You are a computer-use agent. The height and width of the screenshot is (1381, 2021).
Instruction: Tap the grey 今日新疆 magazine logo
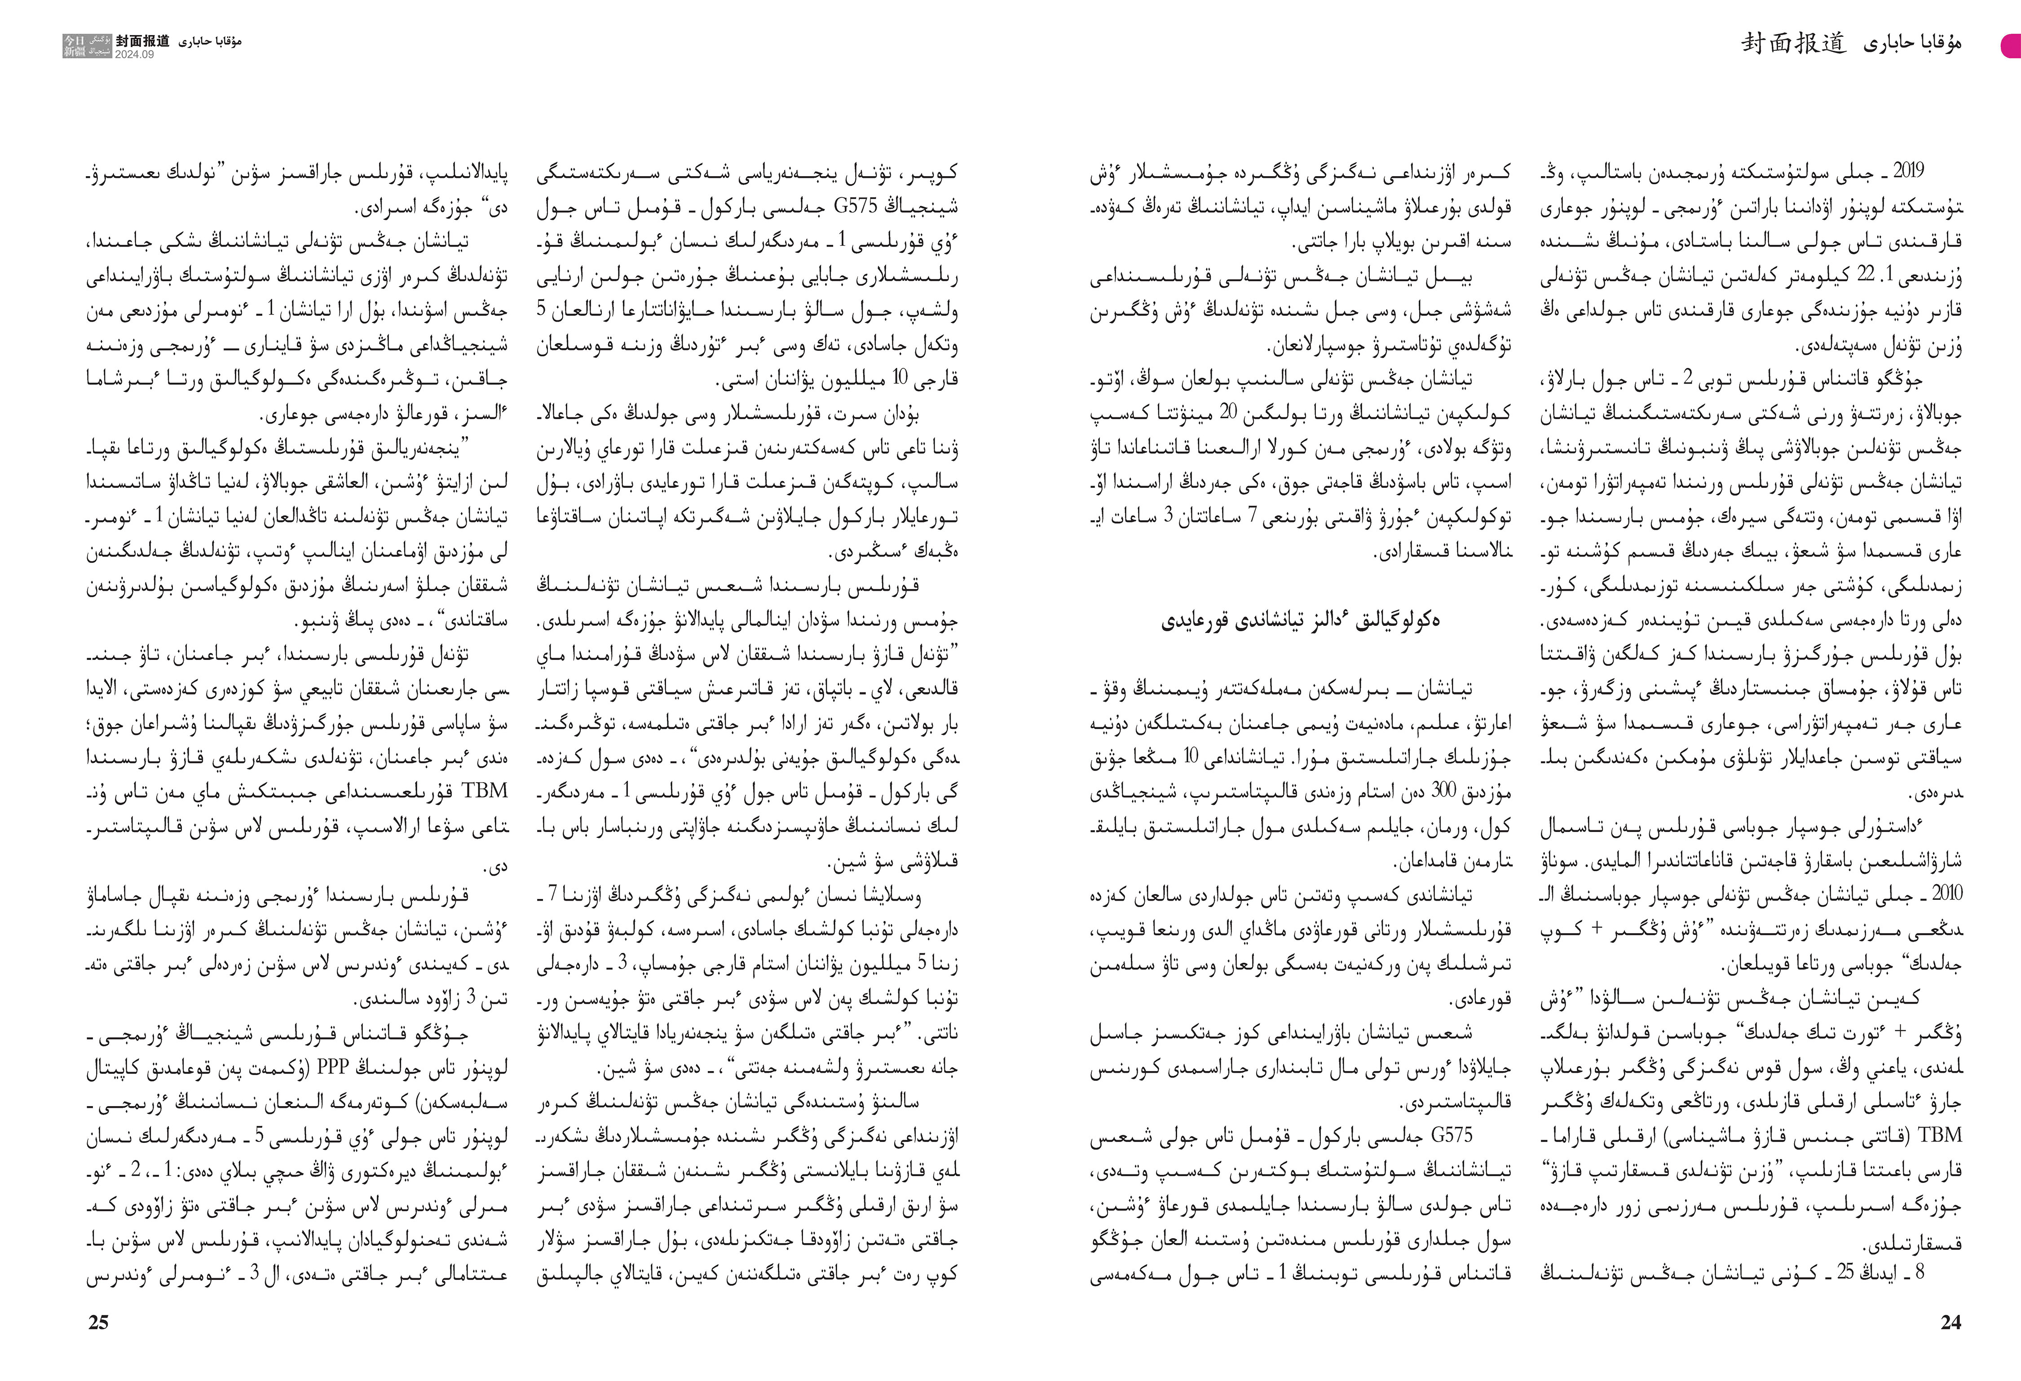[88, 46]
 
